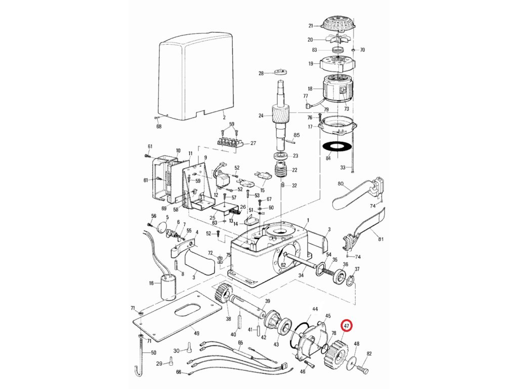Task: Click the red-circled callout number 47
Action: pos(347,327)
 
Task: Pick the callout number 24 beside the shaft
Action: pos(261,115)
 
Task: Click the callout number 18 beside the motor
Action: pos(310,89)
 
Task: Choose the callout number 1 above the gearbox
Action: pos(308,218)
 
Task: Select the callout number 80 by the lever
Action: pos(340,183)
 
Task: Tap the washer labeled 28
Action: pos(281,73)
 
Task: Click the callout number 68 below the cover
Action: pos(159,126)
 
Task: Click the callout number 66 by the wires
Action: pos(179,372)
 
